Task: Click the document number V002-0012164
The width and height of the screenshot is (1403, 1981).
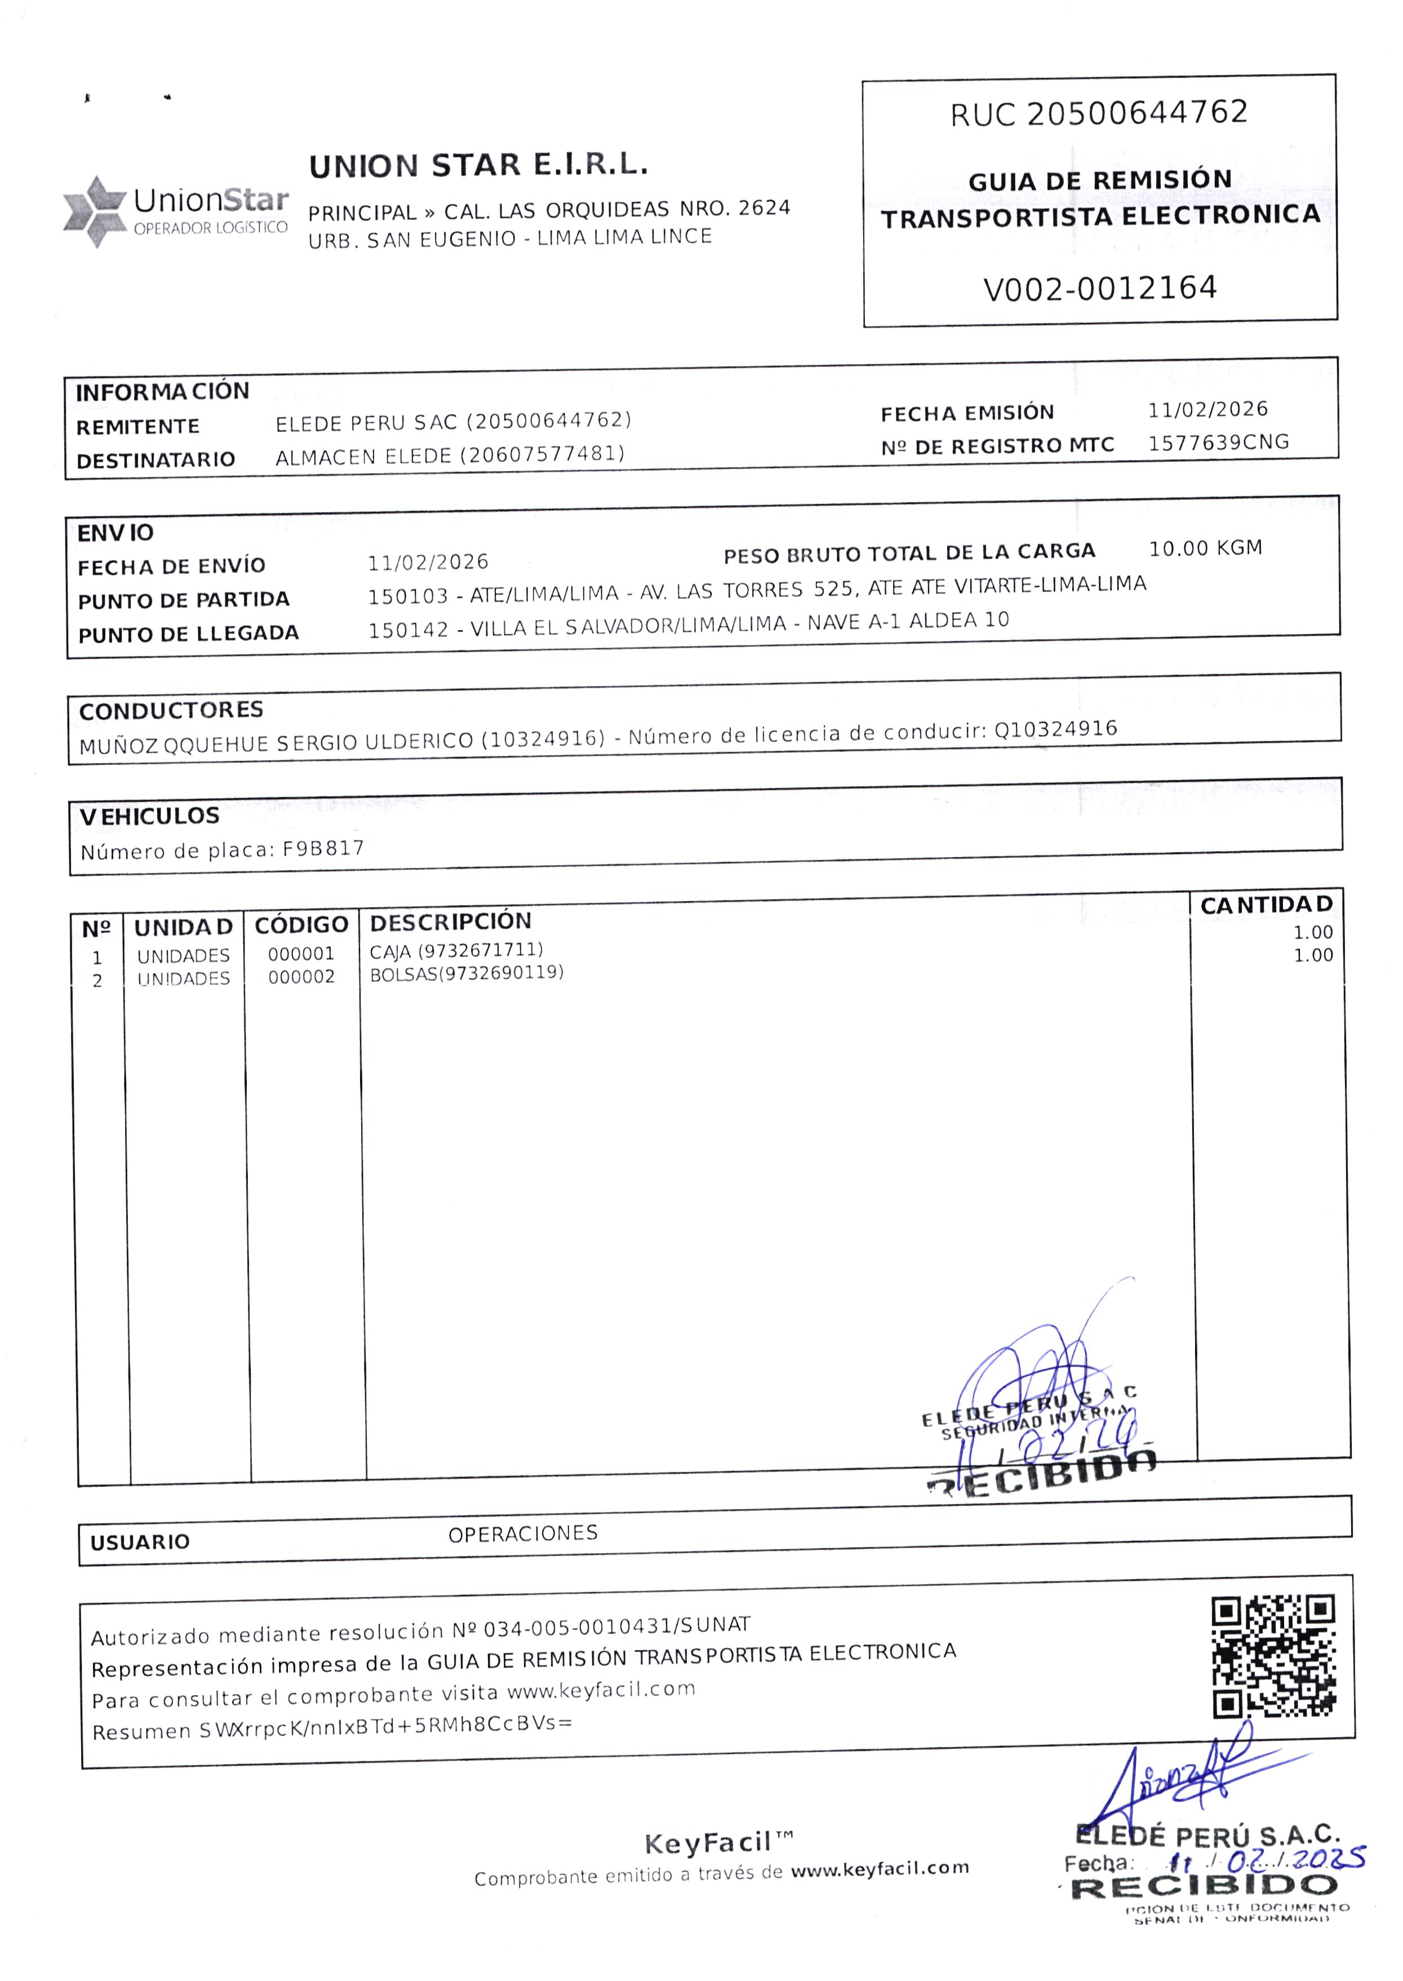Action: (1100, 287)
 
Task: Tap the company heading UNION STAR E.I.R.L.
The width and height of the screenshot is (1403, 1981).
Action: (478, 165)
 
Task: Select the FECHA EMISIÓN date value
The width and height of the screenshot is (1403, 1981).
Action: (1207, 410)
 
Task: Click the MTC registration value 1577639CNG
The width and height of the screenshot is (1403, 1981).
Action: (1218, 442)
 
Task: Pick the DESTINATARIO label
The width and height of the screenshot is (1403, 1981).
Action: (156, 460)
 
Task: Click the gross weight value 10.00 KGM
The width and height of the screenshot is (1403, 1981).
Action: (1205, 548)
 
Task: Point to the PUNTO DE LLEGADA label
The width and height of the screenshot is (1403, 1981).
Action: (188, 634)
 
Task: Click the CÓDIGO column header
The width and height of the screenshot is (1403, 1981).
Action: (301, 925)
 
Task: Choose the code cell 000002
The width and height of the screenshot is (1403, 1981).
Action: (301, 977)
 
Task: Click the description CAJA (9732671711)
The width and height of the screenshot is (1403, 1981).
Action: (456, 950)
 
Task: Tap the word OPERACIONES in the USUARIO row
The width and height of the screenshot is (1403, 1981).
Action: (523, 1534)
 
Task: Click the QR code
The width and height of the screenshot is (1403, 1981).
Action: (1273, 1656)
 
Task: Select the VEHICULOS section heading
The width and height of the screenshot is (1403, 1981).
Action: (149, 816)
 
